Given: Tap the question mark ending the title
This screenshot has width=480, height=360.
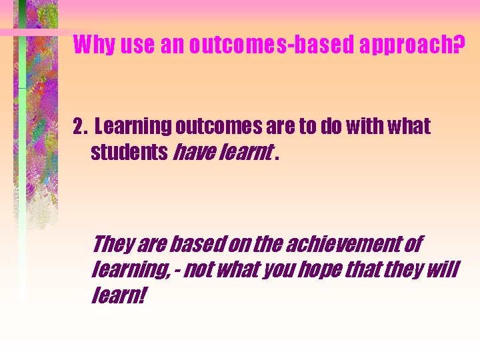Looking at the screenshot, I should click(x=457, y=45).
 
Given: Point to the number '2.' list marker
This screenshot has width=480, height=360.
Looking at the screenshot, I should click(x=81, y=126).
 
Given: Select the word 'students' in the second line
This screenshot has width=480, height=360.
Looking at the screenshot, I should click(x=129, y=153).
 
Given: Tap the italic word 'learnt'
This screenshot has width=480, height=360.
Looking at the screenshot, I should click(x=245, y=153).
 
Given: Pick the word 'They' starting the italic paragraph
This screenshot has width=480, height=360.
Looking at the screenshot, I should click(x=113, y=245).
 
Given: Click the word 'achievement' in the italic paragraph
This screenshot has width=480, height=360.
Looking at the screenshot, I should click(x=345, y=245).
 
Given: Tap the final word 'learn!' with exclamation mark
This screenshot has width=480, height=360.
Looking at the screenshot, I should click(x=117, y=295).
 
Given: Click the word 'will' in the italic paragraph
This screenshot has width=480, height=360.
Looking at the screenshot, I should click(x=442, y=270).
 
